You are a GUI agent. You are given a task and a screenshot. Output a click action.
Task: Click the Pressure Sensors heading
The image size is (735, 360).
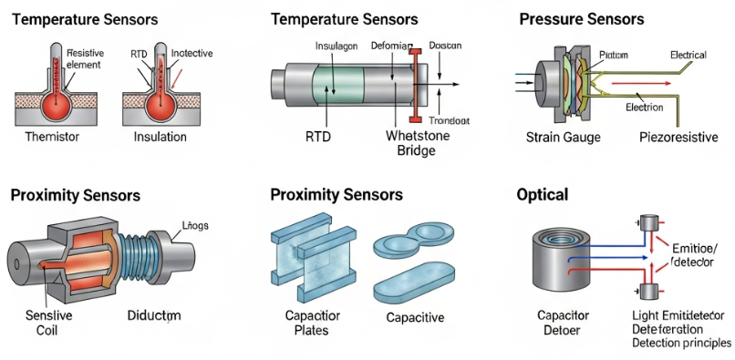click(581, 19)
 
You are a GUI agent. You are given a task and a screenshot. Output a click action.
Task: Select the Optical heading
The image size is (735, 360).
click(543, 194)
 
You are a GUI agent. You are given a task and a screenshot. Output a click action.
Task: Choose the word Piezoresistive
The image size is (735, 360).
click(678, 138)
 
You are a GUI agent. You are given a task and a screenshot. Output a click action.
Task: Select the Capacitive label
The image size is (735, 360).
click(415, 317)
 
